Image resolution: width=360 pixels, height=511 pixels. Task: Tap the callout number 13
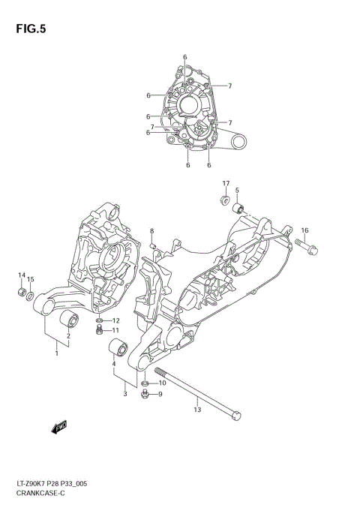point(197,409)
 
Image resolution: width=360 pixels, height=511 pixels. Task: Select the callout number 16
point(304,230)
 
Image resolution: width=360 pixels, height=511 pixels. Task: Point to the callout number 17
point(225,184)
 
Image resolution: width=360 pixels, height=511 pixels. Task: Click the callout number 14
point(22,275)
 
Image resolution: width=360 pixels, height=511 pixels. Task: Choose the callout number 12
point(116,320)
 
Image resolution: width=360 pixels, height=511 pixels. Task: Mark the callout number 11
point(115,330)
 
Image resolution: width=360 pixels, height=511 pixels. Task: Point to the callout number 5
point(236,191)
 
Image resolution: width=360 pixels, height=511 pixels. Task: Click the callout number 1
point(56,353)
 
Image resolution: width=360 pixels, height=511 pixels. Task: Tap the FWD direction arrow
point(59,428)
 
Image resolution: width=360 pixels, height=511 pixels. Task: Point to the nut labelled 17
point(224,200)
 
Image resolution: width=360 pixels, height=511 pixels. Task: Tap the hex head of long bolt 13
point(237,413)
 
